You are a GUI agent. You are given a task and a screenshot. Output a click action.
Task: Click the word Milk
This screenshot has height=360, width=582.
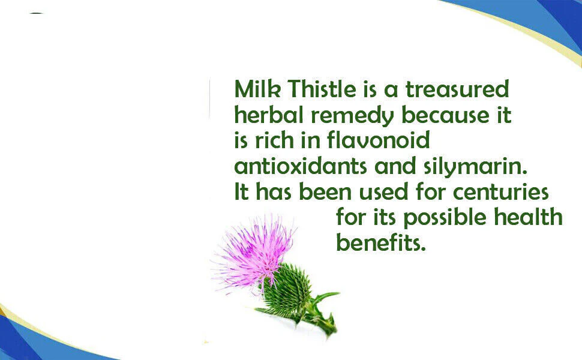pos(257,89)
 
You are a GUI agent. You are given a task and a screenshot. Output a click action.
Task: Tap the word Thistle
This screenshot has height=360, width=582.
pos(322,89)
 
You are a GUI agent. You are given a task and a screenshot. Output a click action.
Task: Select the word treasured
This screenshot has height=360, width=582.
pos(457,89)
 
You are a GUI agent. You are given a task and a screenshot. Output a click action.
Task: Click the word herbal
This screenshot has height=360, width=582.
pos(269,115)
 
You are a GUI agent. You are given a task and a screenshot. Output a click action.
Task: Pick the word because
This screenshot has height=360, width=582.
pos(446,115)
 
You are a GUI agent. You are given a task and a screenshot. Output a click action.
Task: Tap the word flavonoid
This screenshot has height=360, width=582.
pos(378,140)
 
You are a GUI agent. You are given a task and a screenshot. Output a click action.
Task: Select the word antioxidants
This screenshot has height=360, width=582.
pos(300,166)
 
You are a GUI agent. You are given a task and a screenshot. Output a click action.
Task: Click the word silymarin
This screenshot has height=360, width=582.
pos(475,167)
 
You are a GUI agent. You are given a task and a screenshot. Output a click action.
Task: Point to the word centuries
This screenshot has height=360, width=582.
pos(501,191)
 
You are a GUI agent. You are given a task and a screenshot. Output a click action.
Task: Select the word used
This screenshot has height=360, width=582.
pos(383,191)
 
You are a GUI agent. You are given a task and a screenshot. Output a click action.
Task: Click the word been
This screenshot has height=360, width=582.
pos(325,191)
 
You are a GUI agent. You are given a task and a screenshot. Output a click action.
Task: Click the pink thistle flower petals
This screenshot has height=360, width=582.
pos(254,251)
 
